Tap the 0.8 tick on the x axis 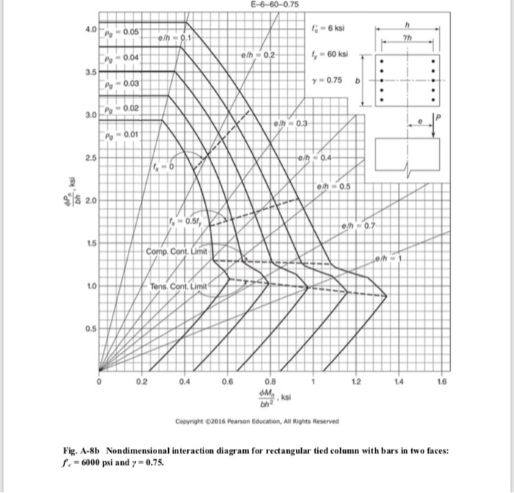[x=270, y=381]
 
